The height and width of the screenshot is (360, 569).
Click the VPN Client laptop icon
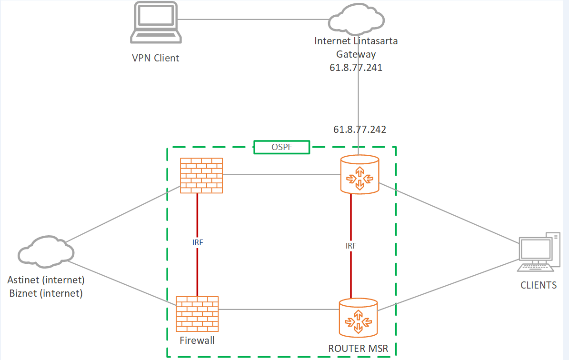[x=156, y=23]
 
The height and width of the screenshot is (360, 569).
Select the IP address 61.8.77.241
[x=356, y=68]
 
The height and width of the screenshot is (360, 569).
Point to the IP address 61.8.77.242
[x=359, y=129]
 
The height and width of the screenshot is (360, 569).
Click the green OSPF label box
[x=281, y=147]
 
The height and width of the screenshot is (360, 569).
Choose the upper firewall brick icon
[x=201, y=175]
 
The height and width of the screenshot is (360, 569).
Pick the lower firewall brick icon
[x=197, y=314]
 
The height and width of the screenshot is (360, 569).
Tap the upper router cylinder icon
[x=360, y=174]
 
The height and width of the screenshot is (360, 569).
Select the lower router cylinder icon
[x=358, y=317]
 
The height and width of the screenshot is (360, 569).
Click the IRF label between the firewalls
[x=197, y=242]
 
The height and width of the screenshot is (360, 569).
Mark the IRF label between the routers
[x=351, y=246]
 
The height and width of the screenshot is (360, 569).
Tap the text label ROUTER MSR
[x=358, y=349]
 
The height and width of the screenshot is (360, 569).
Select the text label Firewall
[x=197, y=340]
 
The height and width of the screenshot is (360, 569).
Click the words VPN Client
[x=155, y=58]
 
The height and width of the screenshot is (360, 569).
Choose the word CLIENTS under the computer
[x=538, y=285]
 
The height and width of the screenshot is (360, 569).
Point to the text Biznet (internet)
[x=46, y=293]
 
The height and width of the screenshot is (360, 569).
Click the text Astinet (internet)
[x=46, y=280]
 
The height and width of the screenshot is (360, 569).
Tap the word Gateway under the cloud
[x=356, y=54]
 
